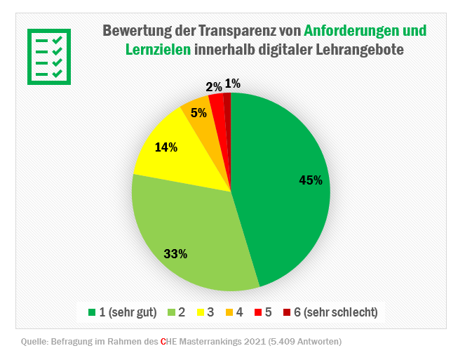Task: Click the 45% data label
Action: point(310,180)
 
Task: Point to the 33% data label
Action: point(175,254)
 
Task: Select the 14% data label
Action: point(166,147)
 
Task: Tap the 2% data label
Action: point(214,87)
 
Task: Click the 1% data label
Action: point(233,84)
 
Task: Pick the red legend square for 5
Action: point(257,312)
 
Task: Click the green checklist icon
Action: point(49,57)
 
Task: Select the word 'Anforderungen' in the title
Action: point(347,31)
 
